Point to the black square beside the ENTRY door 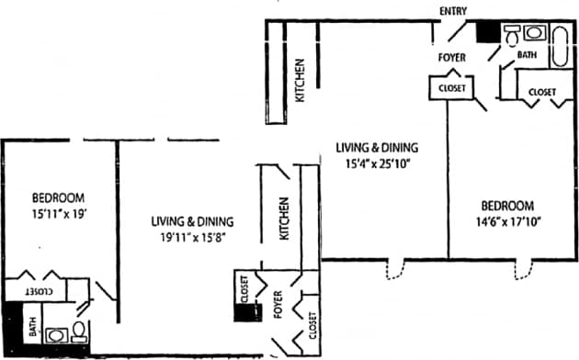tap(487, 32)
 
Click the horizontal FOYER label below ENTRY tap(450, 58)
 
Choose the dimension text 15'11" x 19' tap(59, 214)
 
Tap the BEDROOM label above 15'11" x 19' tap(59, 197)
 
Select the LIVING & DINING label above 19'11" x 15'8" tap(192, 221)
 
